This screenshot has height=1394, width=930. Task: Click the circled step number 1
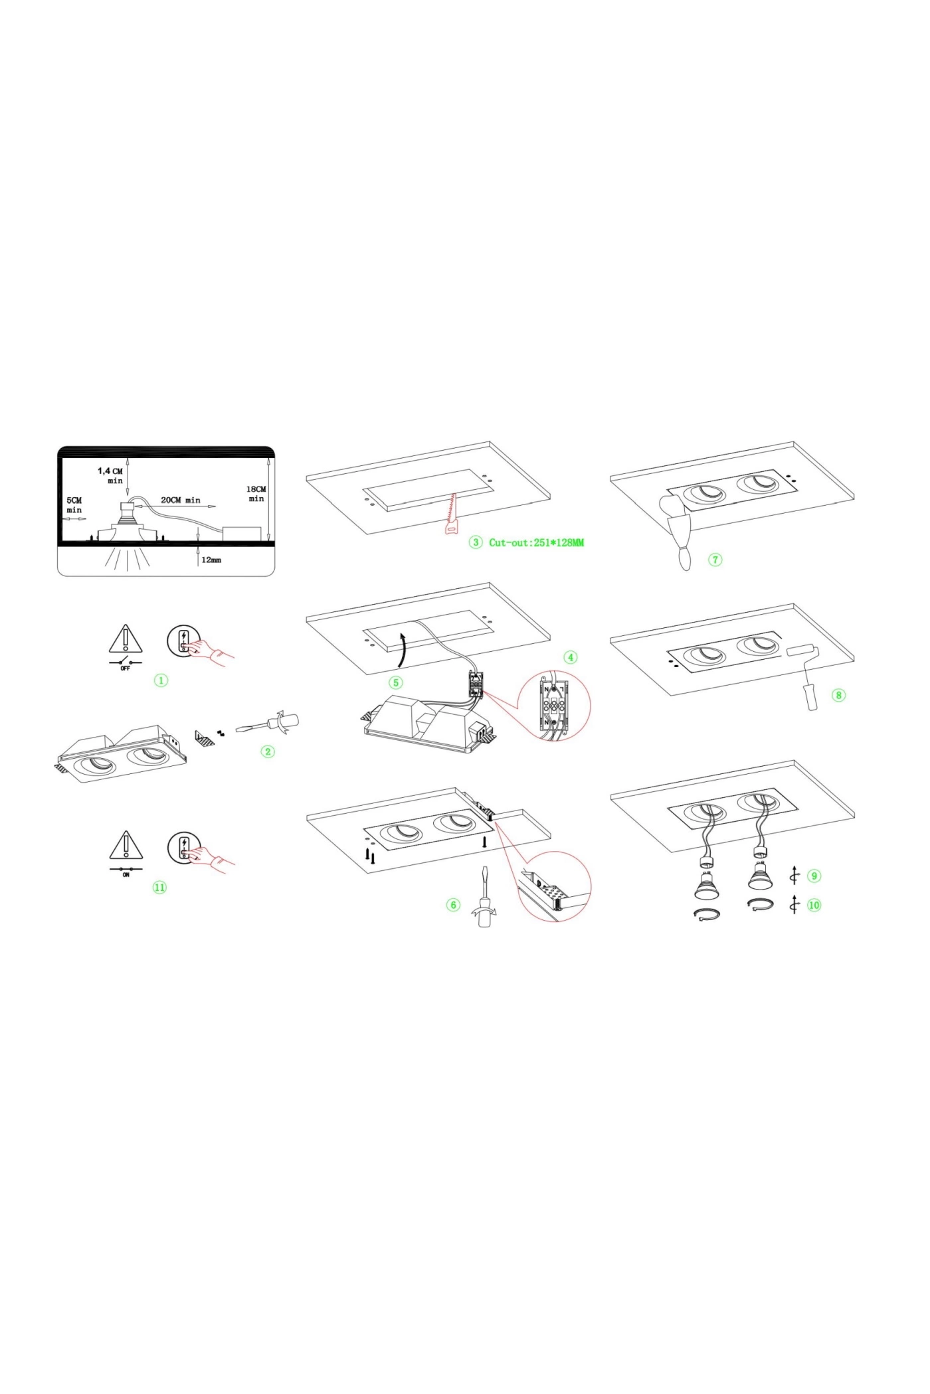coord(161,680)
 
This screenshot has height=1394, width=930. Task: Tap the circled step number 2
coord(268,751)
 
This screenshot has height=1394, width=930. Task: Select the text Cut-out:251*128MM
coord(537,542)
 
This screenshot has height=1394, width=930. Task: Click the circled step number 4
coord(570,657)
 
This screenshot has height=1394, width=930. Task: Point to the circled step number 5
coord(396,682)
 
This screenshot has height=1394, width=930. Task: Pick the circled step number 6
coord(454,905)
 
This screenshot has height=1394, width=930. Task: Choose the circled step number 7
coord(715,560)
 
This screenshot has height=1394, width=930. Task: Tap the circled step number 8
coord(839,695)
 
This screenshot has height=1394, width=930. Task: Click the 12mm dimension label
coord(211,560)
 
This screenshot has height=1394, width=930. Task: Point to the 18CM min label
coord(256,494)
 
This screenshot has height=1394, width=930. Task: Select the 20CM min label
coord(181,500)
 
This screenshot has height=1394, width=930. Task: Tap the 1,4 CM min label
coord(111,476)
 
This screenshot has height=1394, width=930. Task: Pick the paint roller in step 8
coord(805,676)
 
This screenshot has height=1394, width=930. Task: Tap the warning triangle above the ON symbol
coord(126,846)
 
